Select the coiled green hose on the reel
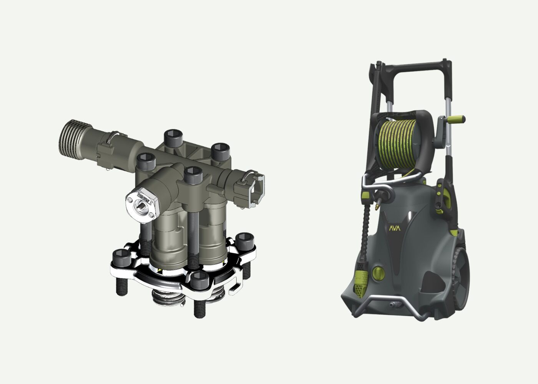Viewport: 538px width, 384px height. click(x=399, y=142)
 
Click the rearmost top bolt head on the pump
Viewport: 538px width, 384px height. click(x=172, y=136)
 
